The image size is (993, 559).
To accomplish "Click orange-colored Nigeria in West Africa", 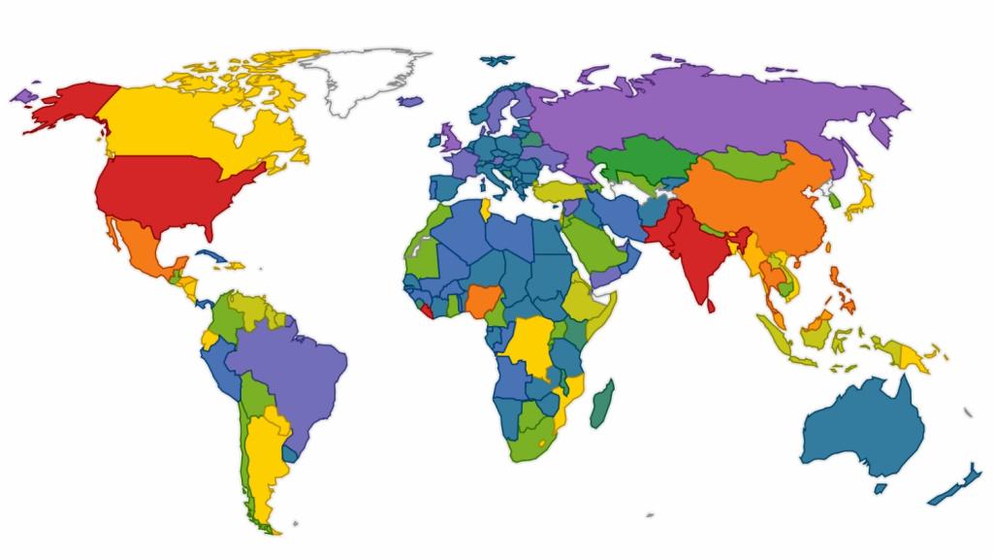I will click(480, 302).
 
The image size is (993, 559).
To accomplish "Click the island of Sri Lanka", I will click(712, 306).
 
